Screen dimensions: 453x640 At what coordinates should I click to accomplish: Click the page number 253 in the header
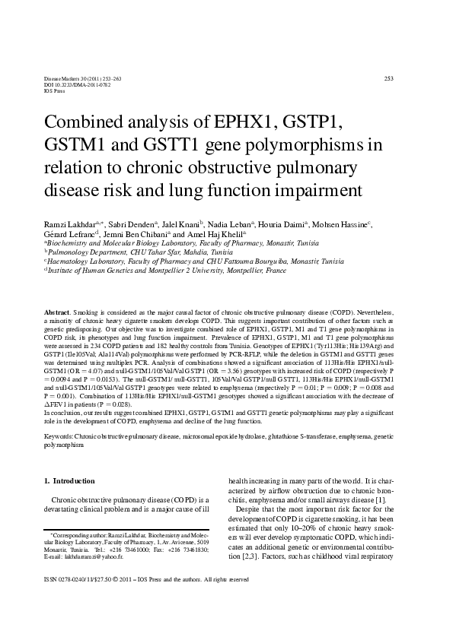[388, 78]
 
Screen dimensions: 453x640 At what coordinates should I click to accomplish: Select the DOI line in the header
[68, 84]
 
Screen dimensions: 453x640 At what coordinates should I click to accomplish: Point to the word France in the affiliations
[271, 269]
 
